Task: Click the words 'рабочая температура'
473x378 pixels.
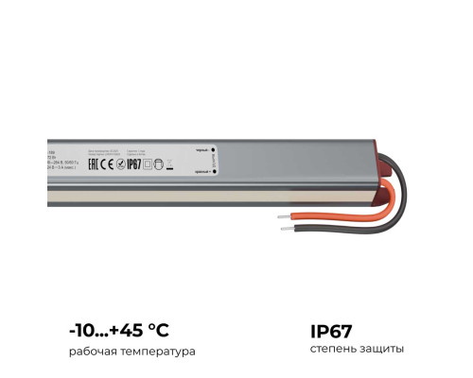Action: click(x=131, y=351)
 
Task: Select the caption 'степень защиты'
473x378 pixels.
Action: click(x=357, y=350)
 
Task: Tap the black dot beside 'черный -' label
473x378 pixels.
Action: click(x=214, y=149)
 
